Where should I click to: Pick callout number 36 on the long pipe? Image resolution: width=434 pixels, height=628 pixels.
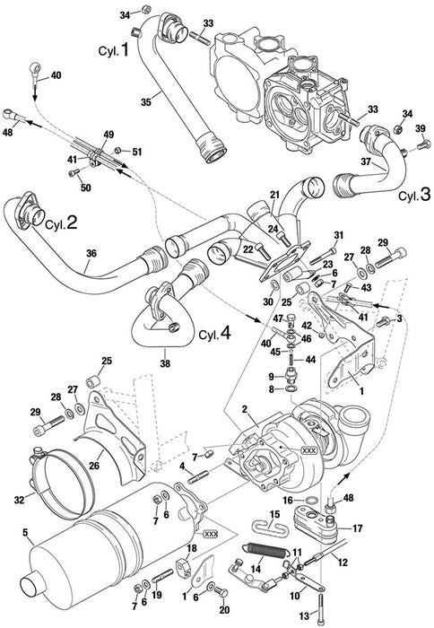pos(90,255)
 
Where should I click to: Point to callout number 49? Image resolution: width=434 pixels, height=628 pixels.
pos(108,135)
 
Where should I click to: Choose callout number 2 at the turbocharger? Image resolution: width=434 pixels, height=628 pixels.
pos(242,411)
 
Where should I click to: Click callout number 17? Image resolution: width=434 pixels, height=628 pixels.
pos(356,528)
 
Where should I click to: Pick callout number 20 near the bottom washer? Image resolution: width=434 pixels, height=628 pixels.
pos(224,609)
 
